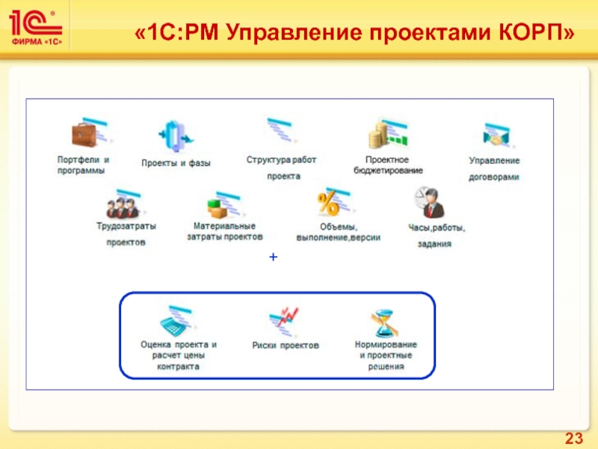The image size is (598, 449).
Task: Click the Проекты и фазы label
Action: pyautogui.click(x=176, y=162)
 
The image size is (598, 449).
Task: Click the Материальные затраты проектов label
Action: pyautogui.click(x=224, y=230)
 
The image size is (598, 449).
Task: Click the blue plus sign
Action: pyautogui.click(x=274, y=257)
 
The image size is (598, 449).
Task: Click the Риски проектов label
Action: pyautogui.click(x=286, y=345)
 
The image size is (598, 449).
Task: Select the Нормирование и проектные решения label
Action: pyautogui.click(x=386, y=355)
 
